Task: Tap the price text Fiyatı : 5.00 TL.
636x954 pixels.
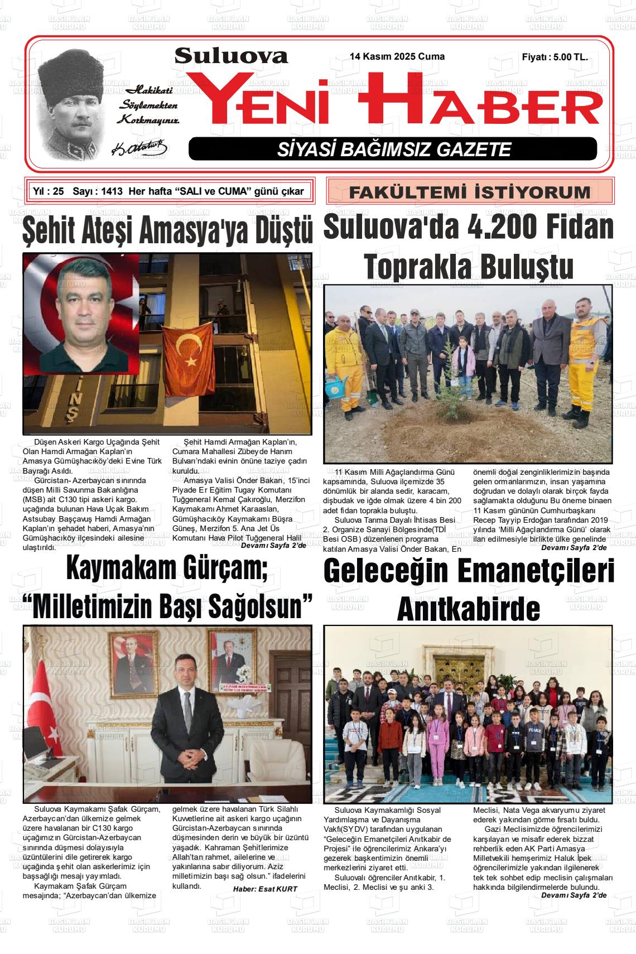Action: click(x=554, y=57)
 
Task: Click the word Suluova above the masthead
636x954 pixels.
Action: click(x=231, y=56)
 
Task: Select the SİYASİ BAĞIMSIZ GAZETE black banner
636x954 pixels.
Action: click(x=393, y=149)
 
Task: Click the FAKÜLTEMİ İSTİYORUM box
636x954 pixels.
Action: click(x=469, y=192)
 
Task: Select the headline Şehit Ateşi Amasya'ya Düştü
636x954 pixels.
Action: click(x=167, y=231)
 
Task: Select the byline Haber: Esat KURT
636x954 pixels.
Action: click(x=265, y=889)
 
